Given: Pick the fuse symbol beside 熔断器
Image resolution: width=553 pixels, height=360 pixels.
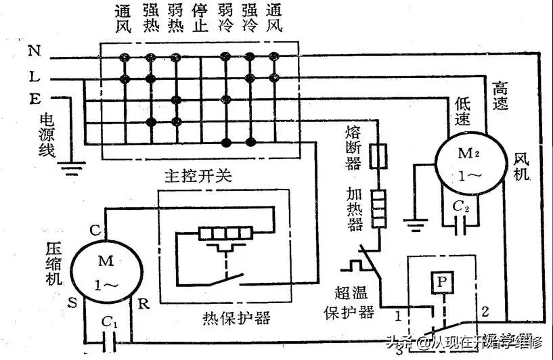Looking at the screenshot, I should click(x=381, y=155).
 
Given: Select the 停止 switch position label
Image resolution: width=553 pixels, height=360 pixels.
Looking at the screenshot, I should click(x=200, y=20).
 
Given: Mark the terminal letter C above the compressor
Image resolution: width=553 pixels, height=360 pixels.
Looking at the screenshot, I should click(x=95, y=230).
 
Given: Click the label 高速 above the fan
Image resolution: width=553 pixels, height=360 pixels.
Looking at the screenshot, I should click(x=502, y=95).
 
